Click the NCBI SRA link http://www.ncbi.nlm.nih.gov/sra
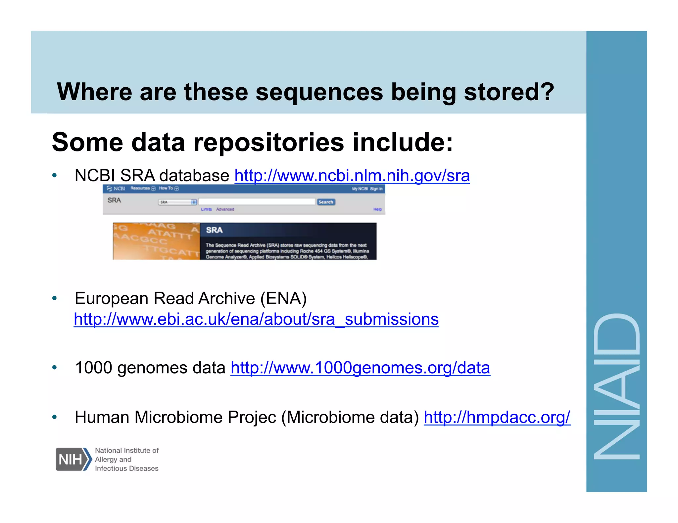pyautogui.click(x=352, y=176)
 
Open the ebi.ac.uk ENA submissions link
pyautogui.click(x=256, y=319)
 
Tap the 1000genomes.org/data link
pyautogui.click(x=360, y=368)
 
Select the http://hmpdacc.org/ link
pyautogui.click(x=497, y=417)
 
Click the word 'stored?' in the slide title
pyautogui.click(x=509, y=92)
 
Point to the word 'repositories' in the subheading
pyautogui.click(x=268, y=142)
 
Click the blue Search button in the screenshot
pyautogui.click(x=326, y=202)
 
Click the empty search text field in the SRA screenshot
pyautogui.click(x=257, y=202)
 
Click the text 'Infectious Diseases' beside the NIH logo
pyautogui.click(x=126, y=468)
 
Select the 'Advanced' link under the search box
pyautogui.click(x=225, y=209)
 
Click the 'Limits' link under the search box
pyautogui.click(x=206, y=209)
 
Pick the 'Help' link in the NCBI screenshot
pyautogui.click(x=377, y=209)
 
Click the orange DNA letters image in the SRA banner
pyautogui.click(x=156, y=241)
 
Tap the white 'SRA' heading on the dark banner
pyautogui.click(x=214, y=230)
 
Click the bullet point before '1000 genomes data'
pyautogui.click(x=55, y=368)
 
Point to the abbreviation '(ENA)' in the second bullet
pyautogui.click(x=283, y=299)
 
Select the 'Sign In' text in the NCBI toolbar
pyautogui.click(x=376, y=189)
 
